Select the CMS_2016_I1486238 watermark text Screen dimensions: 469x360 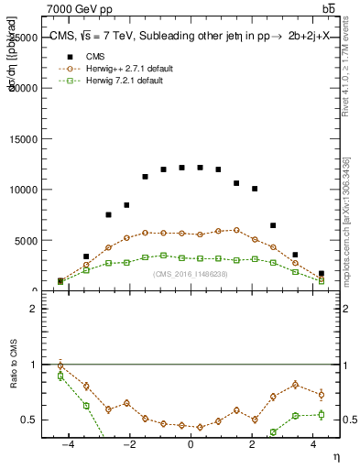[x=190, y=273]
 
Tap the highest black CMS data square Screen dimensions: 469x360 [x=181, y=168]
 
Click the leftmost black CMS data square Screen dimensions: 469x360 [x=60, y=281]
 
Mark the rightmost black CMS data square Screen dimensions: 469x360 [x=321, y=273]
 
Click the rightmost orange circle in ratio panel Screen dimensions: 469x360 [x=321, y=395]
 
